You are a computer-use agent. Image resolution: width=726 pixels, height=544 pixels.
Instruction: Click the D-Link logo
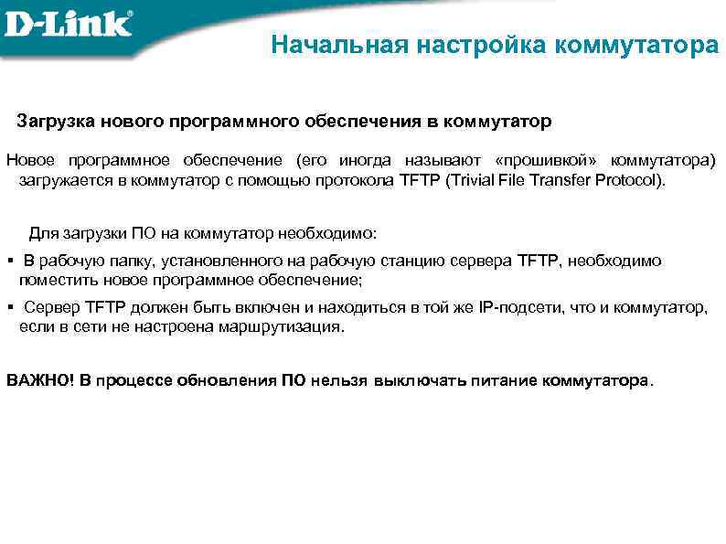coord(69,23)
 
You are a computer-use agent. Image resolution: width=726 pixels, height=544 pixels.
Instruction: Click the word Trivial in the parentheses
coord(476,179)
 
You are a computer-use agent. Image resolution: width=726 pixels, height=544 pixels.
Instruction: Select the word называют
coord(440,160)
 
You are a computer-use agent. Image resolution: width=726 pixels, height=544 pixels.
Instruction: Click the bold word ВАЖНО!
coord(39,379)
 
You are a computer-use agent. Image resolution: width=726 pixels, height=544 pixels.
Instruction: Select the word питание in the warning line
coord(502,379)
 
